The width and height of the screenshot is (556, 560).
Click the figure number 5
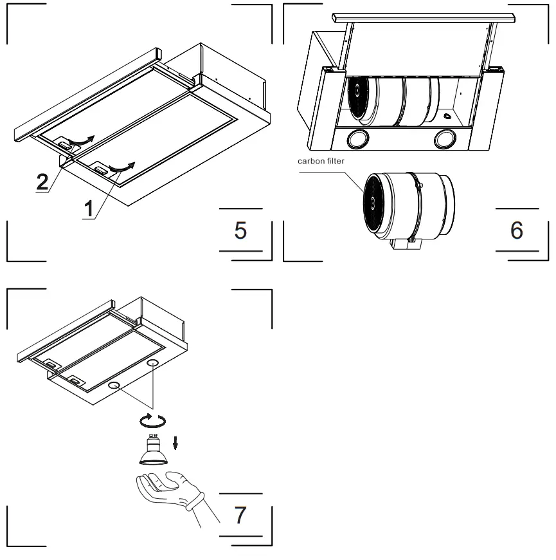240,230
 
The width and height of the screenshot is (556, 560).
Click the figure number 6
516,230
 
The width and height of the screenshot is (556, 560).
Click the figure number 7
240,514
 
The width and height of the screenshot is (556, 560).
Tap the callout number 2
42,182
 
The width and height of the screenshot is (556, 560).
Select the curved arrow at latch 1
121,167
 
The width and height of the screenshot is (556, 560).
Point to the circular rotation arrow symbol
153,420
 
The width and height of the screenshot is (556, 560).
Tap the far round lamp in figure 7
153,364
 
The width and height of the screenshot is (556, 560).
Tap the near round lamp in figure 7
114,386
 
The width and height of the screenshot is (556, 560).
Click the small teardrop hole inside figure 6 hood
445,117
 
